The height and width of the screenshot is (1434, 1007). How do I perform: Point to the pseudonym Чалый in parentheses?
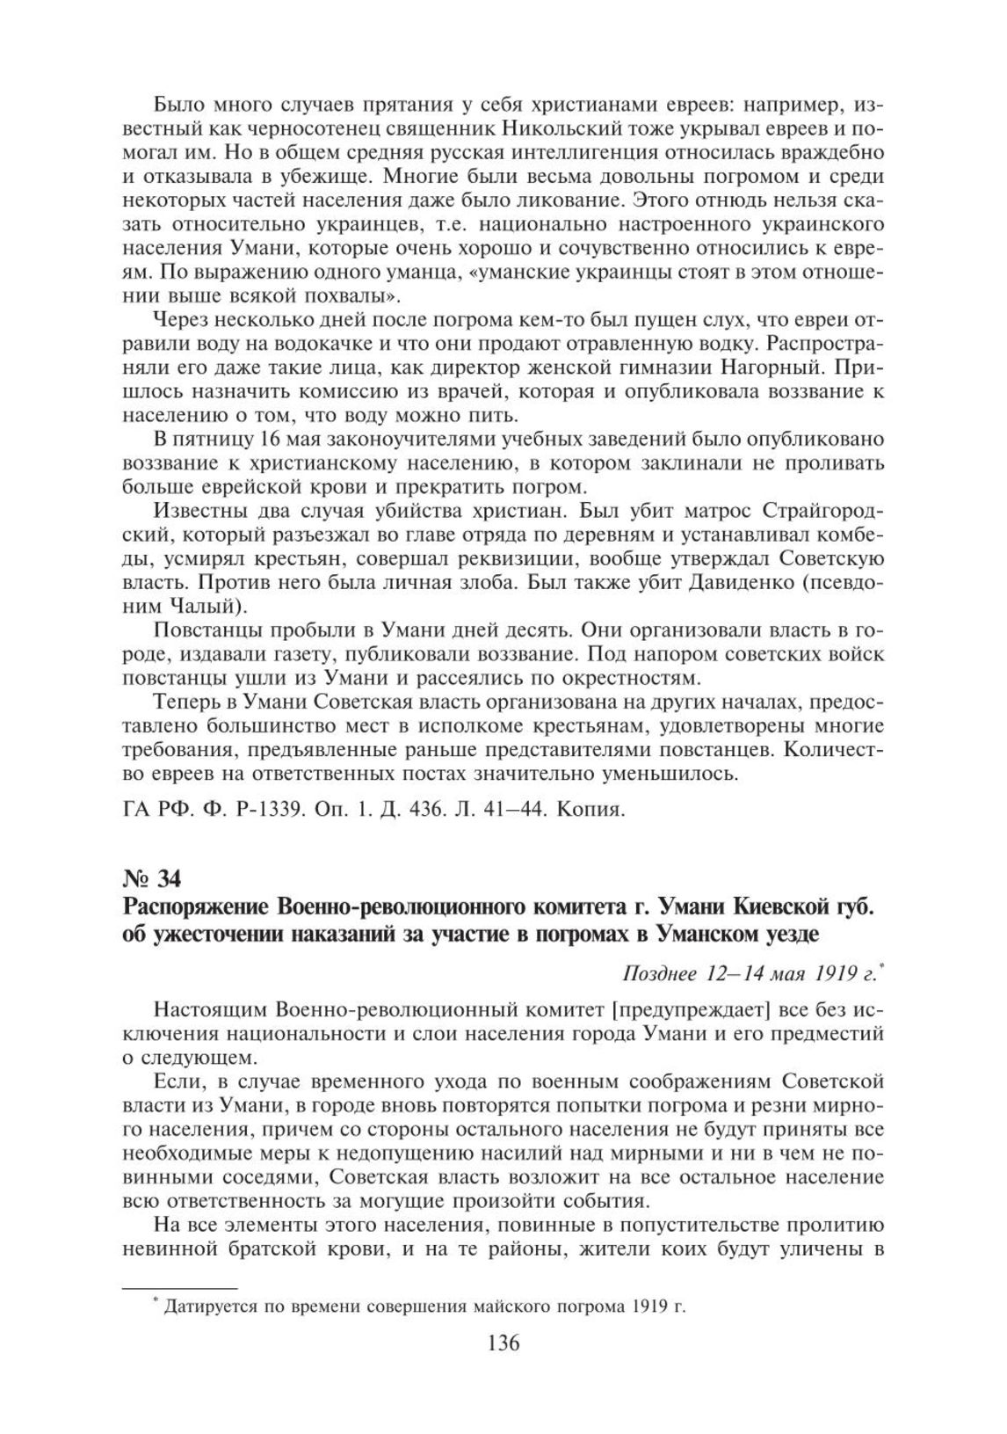(208, 607)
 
